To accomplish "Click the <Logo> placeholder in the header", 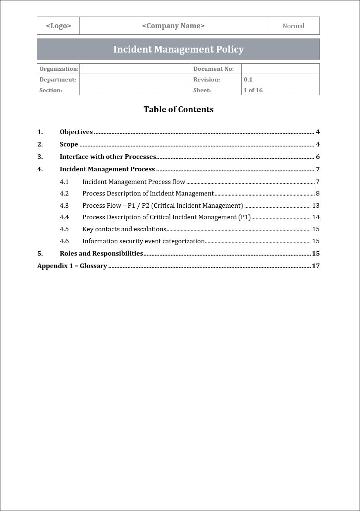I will pyautogui.click(x=58, y=26).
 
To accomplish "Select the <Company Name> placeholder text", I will pyautogui.click(x=173, y=26).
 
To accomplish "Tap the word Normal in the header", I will pyautogui.click(x=293, y=26).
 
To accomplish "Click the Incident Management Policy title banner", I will pyautogui.click(x=178, y=49).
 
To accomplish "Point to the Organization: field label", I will pyautogui.click(x=58, y=69).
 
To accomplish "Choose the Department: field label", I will pyautogui.click(x=58, y=79).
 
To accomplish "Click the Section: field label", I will pyautogui.click(x=50, y=90).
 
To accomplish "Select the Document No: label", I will pyautogui.click(x=213, y=69).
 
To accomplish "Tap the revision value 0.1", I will pyautogui.click(x=248, y=79).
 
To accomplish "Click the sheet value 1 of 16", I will pyautogui.click(x=253, y=90).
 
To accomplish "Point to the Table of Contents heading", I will pyautogui.click(x=178, y=109).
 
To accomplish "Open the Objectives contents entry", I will pyautogui.click(x=76, y=132).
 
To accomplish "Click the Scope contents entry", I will pyautogui.click(x=69, y=144).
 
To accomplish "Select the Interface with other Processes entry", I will pyautogui.click(x=108, y=157).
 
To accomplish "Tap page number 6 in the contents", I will pyautogui.click(x=317, y=157).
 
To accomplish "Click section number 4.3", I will pyautogui.click(x=64, y=206).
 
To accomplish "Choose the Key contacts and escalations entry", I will pyautogui.click(x=124, y=229).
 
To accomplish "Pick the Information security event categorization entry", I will pyautogui.click(x=143, y=241).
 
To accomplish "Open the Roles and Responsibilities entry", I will pyautogui.click(x=101, y=254).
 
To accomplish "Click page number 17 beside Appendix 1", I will pyautogui.click(x=316, y=266).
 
